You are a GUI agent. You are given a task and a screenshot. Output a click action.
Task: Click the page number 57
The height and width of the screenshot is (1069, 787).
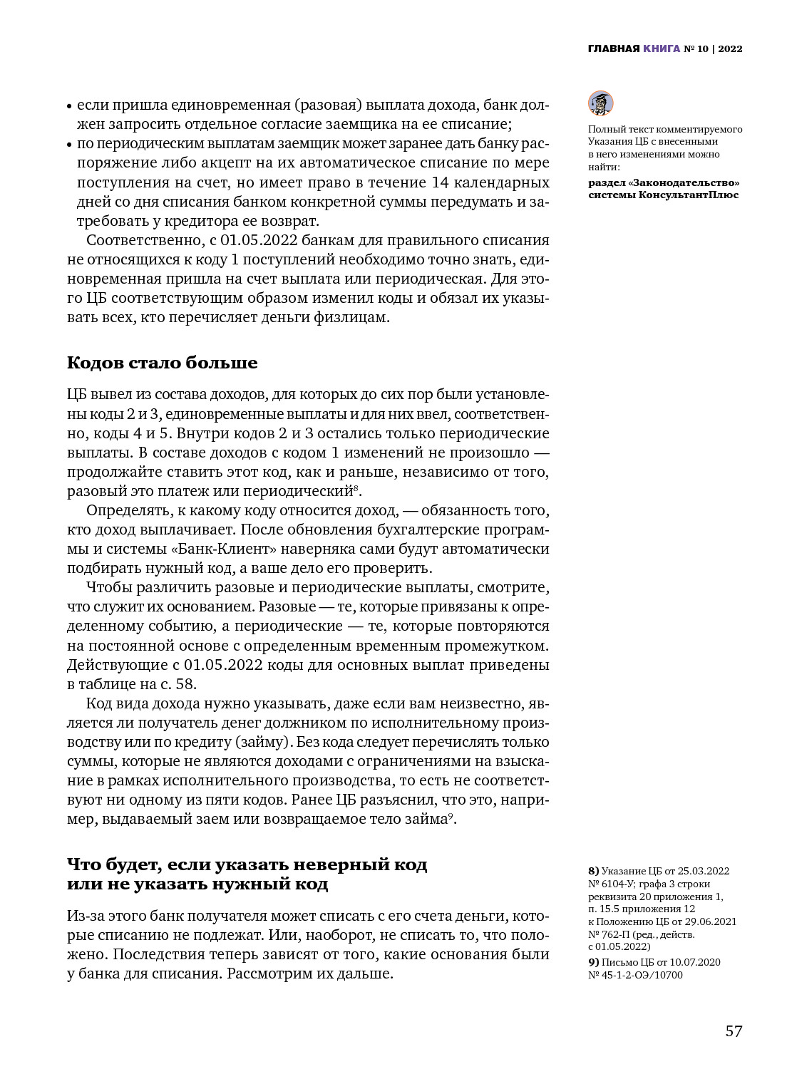pos(734,1031)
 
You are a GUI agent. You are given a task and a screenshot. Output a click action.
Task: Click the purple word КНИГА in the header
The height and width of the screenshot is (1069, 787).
pos(661,49)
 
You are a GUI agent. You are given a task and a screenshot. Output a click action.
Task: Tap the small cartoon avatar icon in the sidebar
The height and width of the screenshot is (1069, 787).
pos(600,103)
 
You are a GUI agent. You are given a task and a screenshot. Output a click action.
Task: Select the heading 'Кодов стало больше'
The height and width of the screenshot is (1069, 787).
pos(163,363)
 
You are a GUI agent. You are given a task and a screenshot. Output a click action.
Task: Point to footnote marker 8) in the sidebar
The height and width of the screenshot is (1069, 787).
pos(593,871)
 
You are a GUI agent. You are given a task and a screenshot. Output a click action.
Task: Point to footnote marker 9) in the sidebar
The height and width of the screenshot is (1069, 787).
pos(593,962)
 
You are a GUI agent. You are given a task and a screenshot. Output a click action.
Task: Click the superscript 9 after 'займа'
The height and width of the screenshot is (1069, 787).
pos(451,815)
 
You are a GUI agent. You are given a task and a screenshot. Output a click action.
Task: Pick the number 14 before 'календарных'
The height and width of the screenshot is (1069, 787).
pos(441,182)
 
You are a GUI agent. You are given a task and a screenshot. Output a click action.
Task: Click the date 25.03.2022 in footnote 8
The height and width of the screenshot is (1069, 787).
pos(704,871)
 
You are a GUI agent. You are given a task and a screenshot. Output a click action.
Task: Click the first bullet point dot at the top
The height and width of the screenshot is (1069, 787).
pos(70,106)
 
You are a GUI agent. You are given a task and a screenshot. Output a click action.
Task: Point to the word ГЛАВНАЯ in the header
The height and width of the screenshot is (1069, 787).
pos(613,49)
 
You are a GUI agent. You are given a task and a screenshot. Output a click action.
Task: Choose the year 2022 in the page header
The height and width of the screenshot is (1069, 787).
pos(730,49)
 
